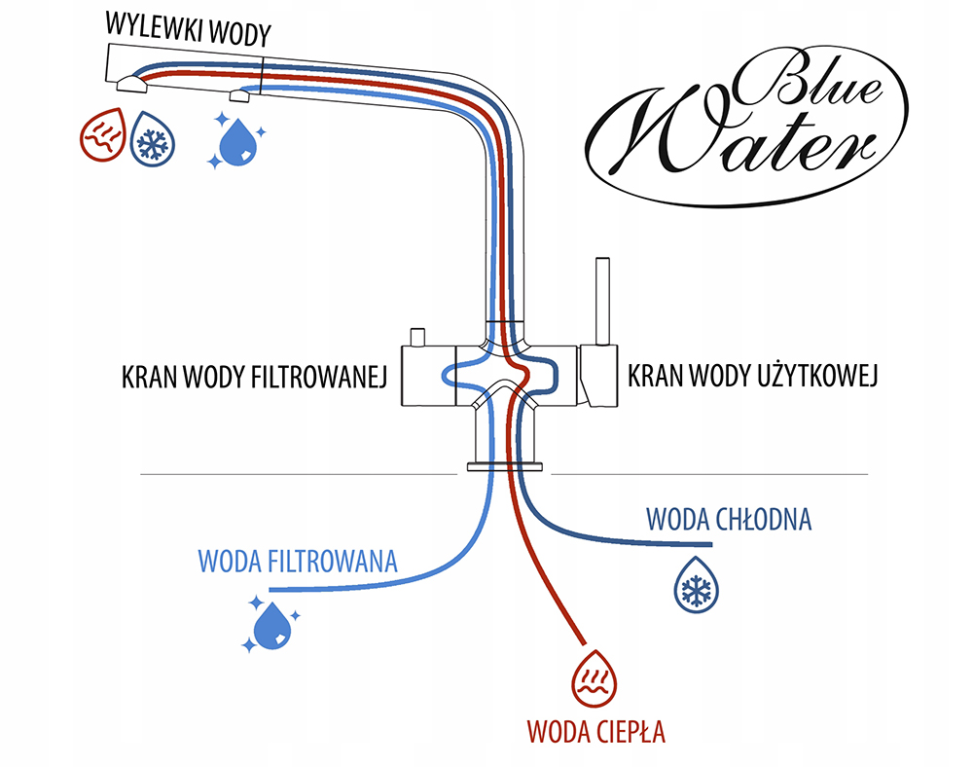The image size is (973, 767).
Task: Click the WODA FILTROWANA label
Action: click(298, 562)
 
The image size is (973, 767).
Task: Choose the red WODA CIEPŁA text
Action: click(595, 730)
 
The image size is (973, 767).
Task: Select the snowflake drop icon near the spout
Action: click(152, 136)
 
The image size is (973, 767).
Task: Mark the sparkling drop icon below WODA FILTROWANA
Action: click(270, 624)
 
